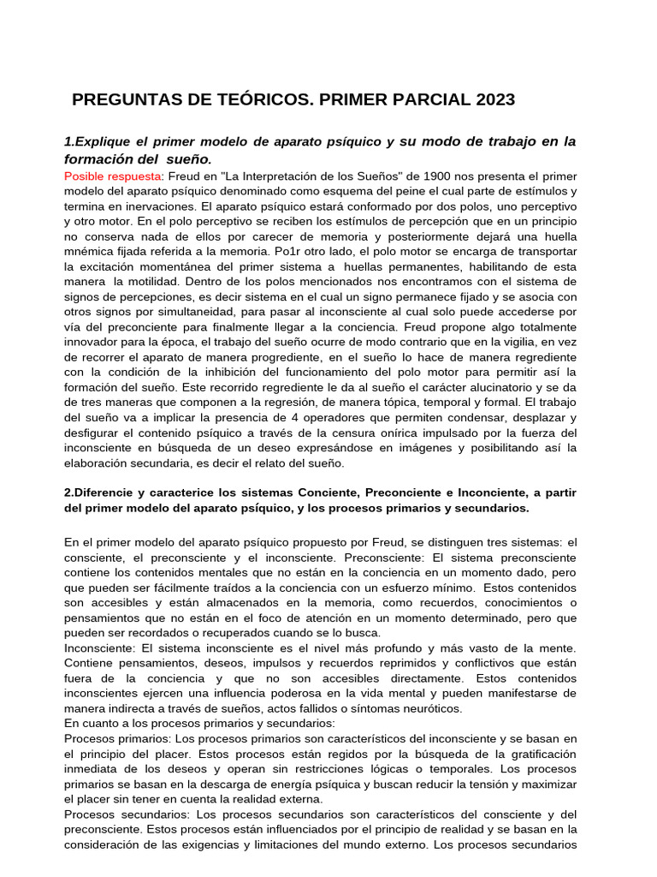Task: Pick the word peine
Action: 439,191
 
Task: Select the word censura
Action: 340,433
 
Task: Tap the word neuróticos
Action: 427,708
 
